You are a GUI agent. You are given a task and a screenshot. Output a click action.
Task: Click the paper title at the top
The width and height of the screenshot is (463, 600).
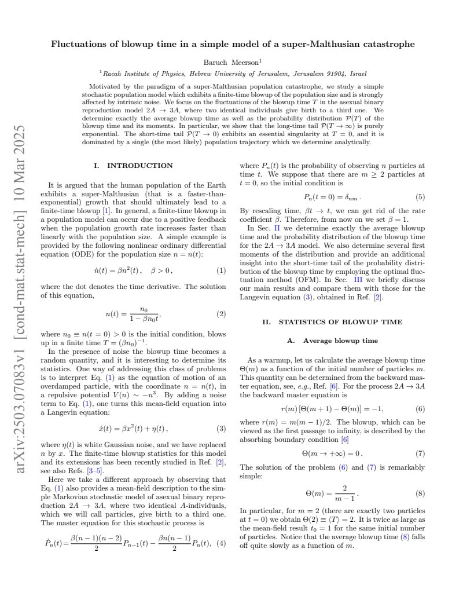pyautogui.click(x=231, y=44)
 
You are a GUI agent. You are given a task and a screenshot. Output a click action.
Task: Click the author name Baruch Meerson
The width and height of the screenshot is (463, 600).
pyautogui.click(x=231, y=61)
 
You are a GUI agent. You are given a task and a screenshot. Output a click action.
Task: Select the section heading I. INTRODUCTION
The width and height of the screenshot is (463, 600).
pyautogui.click(x=133, y=166)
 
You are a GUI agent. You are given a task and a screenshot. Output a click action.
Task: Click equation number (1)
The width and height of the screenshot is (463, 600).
pyautogui.click(x=221, y=270)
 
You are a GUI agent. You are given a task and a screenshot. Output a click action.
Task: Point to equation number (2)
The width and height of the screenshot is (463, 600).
pyautogui.click(x=221, y=314)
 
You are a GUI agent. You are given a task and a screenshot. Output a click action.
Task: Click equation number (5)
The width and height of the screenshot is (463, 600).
pyautogui.click(x=420, y=196)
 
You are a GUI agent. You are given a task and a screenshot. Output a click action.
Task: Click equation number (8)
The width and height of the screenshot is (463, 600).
pyautogui.click(x=420, y=493)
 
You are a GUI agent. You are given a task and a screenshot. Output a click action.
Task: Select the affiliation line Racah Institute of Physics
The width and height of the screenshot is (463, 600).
pyautogui.click(x=231, y=74)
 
